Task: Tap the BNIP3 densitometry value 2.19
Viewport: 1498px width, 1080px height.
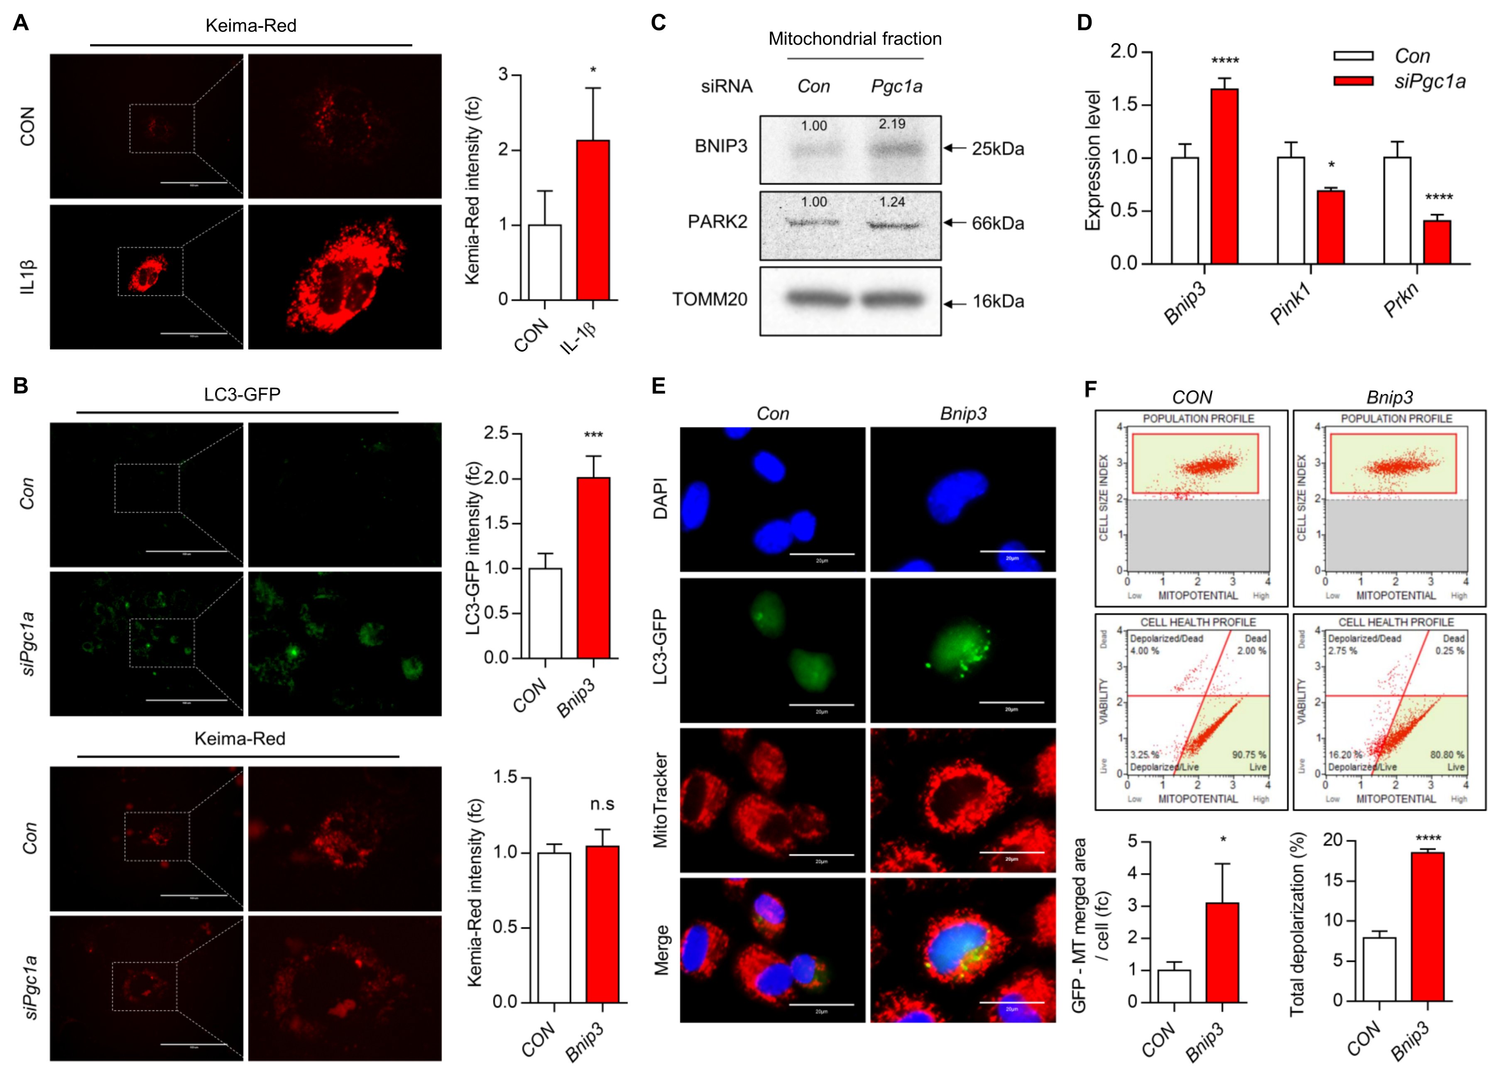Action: coord(892,124)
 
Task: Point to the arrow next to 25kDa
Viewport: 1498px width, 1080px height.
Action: coord(955,148)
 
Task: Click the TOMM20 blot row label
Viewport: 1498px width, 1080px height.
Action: coord(710,300)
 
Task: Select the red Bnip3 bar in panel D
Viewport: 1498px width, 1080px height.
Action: coord(1224,176)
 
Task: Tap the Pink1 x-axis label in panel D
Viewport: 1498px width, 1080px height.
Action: coord(1290,303)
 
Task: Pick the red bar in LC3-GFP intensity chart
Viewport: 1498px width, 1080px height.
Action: coord(593,568)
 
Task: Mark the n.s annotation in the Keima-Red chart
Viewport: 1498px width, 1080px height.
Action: coord(602,804)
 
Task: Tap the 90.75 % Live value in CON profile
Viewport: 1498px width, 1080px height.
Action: coord(1248,754)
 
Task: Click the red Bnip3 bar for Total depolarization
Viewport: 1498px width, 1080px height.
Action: coord(1427,927)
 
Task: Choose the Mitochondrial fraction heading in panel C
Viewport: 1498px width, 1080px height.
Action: coord(855,39)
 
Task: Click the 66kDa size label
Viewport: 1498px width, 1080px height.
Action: coord(997,223)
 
